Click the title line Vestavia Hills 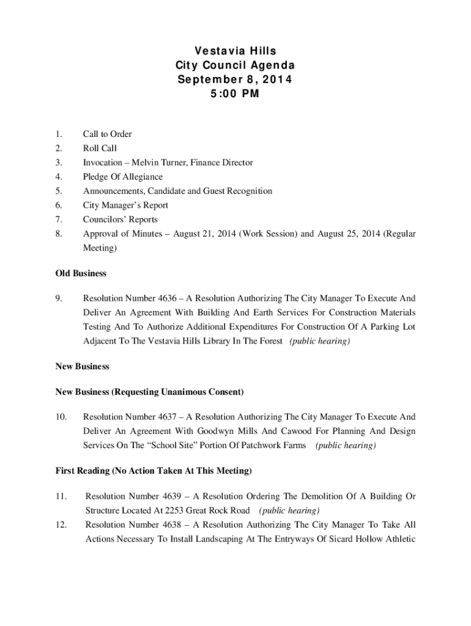click(235, 50)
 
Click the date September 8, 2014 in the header click(235, 79)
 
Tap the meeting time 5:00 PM click(235, 94)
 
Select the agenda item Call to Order click(107, 134)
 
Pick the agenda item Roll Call click(100, 148)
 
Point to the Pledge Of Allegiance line click(123, 177)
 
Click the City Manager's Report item click(125, 205)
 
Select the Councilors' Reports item click(120, 219)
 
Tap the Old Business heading click(81, 273)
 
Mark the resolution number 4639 click(168, 496)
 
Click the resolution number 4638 click(168, 525)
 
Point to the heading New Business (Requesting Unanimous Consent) click(150, 391)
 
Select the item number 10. click(61, 417)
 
